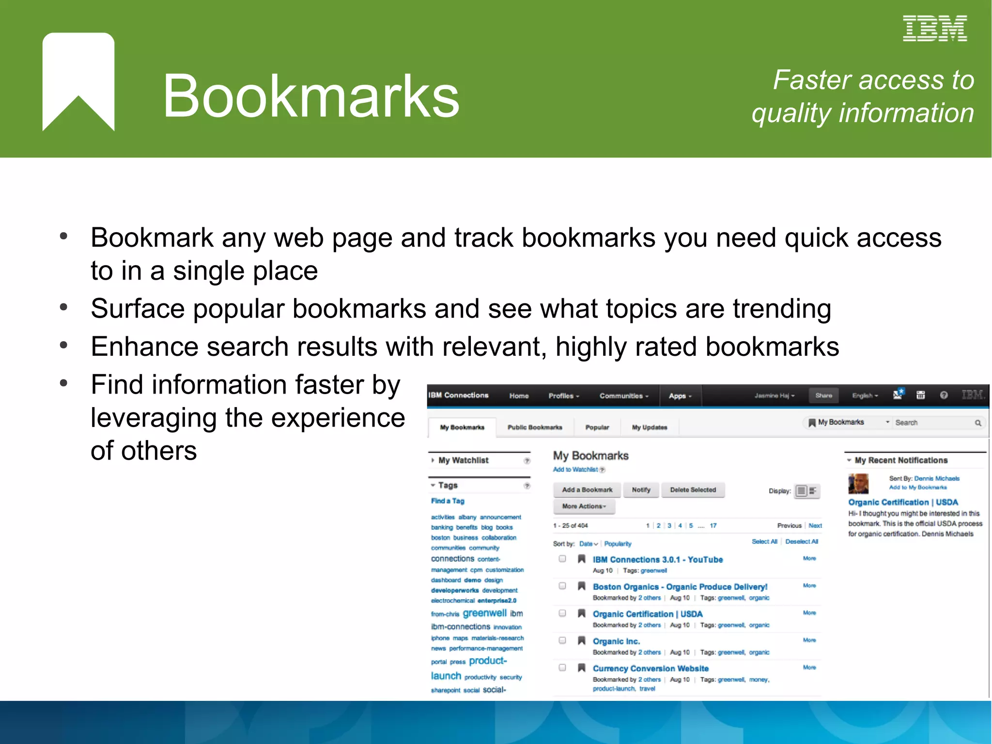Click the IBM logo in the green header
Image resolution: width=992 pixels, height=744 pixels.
[x=934, y=29]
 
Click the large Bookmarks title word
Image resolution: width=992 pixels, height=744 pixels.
[x=311, y=95]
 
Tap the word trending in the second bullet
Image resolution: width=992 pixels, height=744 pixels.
[x=782, y=309]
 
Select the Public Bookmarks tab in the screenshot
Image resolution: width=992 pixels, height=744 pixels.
[x=535, y=427]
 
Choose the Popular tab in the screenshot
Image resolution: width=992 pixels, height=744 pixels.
[x=597, y=427]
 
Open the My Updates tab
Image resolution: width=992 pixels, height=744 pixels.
[x=649, y=427]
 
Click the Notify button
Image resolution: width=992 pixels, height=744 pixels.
[x=641, y=490]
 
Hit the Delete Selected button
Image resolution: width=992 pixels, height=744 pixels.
[x=693, y=490]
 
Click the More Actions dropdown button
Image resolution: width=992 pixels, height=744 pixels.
[x=584, y=507]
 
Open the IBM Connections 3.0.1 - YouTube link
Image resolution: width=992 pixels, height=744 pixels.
[x=657, y=560]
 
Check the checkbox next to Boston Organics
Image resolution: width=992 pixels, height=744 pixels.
[x=562, y=586]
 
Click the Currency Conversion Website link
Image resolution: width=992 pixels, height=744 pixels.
[x=651, y=669]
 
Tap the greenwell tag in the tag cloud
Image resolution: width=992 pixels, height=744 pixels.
[x=484, y=614]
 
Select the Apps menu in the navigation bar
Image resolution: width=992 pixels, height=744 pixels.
[x=680, y=396]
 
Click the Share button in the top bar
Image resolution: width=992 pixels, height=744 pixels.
[x=823, y=396]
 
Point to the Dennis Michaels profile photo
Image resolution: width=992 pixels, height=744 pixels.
[x=858, y=484]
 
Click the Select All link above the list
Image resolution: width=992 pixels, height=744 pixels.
[x=764, y=542]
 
